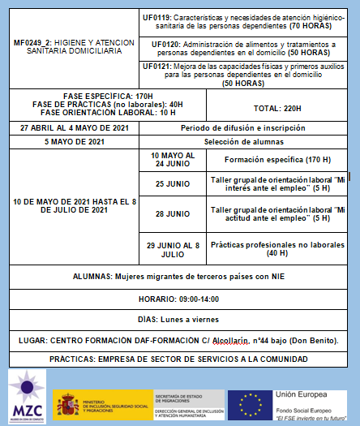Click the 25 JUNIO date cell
click(x=172, y=183)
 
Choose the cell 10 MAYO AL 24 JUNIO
click(x=172, y=159)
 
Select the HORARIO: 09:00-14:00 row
click(x=179, y=299)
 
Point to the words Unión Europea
click(x=300, y=394)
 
